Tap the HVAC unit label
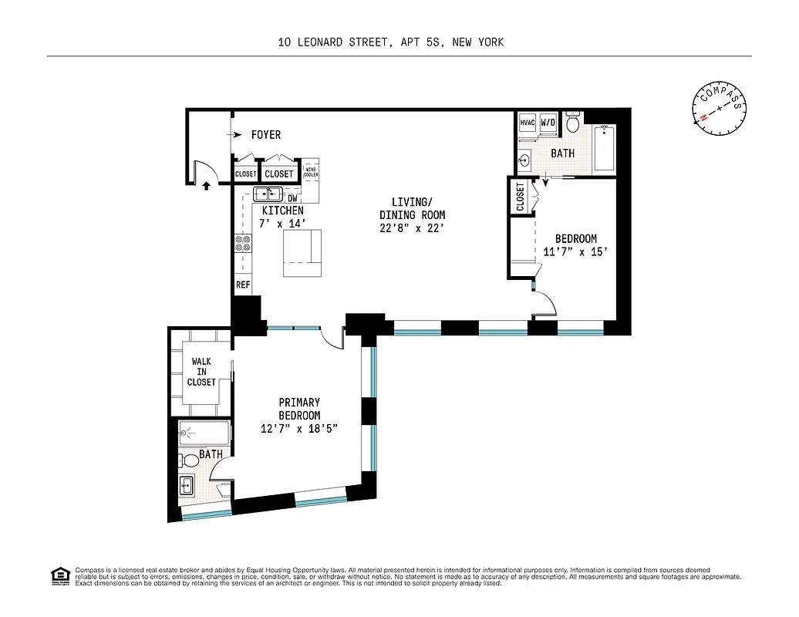point(528,123)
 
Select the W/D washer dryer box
point(548,123)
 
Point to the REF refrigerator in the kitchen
point(242,285)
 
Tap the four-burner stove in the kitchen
point(242,244)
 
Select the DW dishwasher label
point(292,198)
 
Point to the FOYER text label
point(266,135)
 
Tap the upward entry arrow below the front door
point(206,184)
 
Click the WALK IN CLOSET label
point(201,371)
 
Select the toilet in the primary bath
point(189,461)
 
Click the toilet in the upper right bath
point(573,123)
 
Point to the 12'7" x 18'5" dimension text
point(299,429)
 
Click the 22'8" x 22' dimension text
point(412,228)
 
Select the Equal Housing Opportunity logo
point(59,575)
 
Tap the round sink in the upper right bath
point(526,161)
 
